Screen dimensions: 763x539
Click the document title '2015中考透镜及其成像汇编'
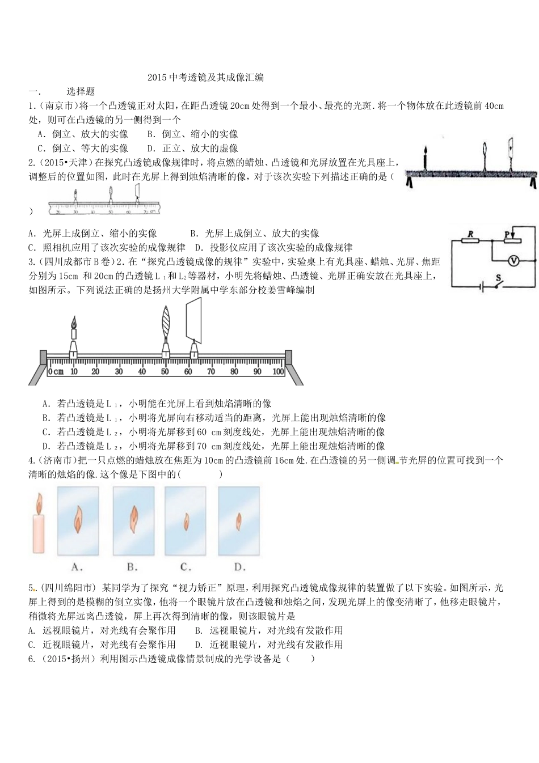click(205, 78)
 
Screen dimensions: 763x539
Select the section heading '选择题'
click(81, 91)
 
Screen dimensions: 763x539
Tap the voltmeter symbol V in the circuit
click(513, 260)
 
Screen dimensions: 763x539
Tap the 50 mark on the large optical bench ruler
click(165, 371)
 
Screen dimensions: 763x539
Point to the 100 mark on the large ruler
click(278, 371)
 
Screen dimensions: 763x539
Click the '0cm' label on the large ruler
click(56, 371)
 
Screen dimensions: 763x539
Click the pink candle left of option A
click(39, 524)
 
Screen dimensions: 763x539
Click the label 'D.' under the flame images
click(239, 566)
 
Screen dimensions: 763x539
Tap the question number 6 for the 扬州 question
click(31, 659)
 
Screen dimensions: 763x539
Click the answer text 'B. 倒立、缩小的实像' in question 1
click(192, 134)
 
